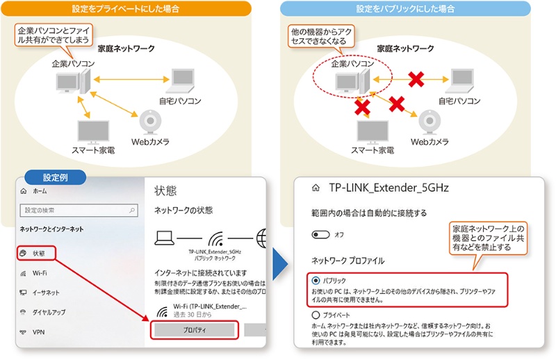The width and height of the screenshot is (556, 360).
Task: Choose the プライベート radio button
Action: [316, 315]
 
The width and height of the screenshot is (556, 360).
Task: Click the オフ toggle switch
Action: [320, 235]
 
